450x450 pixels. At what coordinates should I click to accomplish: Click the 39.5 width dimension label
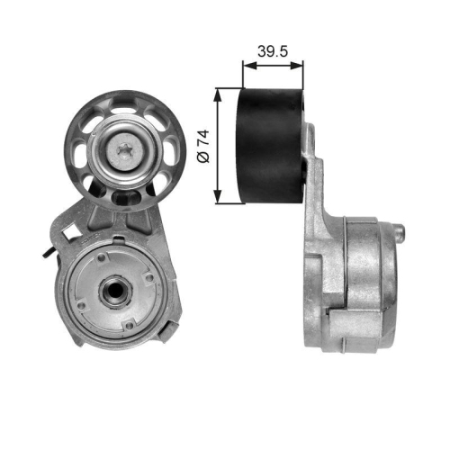272,51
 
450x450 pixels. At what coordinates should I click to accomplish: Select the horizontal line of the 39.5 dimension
273,66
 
